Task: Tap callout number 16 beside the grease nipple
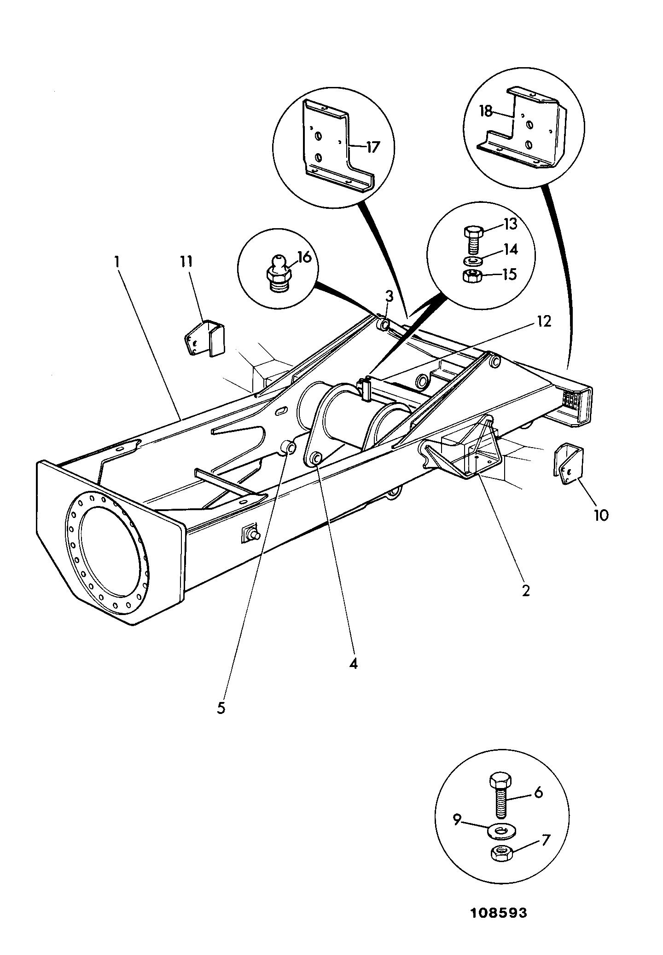[x=304, y=257]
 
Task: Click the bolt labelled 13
[x=471, y=239]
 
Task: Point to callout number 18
[x=486, y=111]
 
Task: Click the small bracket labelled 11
[x=205, y=339]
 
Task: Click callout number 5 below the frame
[x=221, y=708]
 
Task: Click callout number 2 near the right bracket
[x=526, y=590]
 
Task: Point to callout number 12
[x=544, y=321]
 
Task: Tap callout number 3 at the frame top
[x=389, y=296]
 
